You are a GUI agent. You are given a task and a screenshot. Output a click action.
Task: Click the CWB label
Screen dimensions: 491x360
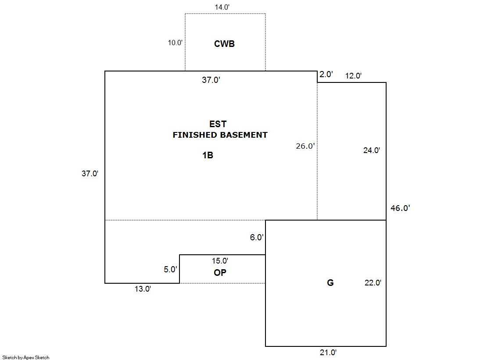[x=224, y=44]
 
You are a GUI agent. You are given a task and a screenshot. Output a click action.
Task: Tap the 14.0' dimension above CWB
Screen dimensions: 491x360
[x=222, y=7]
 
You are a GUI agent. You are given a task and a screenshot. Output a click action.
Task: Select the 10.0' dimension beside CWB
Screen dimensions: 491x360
[x=175, y=43]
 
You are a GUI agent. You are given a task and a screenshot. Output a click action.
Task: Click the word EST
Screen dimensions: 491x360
[x=218, y=124]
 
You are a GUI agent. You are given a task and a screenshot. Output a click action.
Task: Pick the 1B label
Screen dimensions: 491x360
[x=208, y=155]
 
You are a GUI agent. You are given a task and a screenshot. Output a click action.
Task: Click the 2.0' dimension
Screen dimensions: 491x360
[x=326, y=75]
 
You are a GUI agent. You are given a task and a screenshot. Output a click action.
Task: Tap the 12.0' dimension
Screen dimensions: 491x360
[x=354, y=76]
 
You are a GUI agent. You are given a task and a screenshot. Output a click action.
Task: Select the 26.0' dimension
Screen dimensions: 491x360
[x=305, y=146]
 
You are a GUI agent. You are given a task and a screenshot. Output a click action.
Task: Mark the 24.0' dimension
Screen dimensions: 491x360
[x=372, y=150]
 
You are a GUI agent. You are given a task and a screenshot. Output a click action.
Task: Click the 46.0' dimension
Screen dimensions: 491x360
[x=400, y=208]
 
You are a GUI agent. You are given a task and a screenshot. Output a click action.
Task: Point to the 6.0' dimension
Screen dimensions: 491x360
[x=257, y=238]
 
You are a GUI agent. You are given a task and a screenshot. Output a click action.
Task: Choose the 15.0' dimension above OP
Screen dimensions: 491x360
[x=220, y=261]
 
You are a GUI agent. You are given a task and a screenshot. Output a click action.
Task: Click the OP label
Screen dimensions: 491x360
[x=220, y=273]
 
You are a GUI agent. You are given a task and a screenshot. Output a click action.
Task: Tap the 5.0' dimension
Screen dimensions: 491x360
[x=170, y=270]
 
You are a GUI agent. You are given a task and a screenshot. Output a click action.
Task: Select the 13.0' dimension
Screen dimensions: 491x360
[x=143, y=289]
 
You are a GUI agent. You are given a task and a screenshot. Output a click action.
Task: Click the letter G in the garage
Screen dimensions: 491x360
[x=330, y=283]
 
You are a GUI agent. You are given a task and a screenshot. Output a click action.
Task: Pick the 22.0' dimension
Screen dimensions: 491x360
[x=373, y=283]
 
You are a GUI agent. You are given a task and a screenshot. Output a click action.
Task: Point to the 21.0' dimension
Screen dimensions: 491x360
[x=328, y=353]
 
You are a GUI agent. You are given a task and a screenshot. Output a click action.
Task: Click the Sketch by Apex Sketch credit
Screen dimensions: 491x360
[x=26, y=357]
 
